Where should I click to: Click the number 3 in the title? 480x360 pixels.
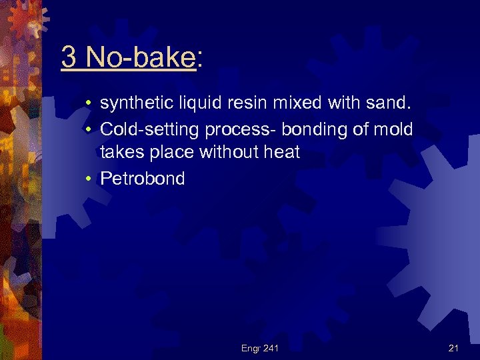(68, 58)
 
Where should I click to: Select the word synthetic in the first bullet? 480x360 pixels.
(133, 103)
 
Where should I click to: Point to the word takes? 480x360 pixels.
(121, 153)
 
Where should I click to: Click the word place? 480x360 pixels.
(170, 153)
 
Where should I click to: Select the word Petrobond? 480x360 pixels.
(142, 179)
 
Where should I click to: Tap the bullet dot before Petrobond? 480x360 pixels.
(88, 179)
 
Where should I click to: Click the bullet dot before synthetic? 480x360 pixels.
(88, 103)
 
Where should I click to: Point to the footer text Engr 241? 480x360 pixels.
(260, 347)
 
